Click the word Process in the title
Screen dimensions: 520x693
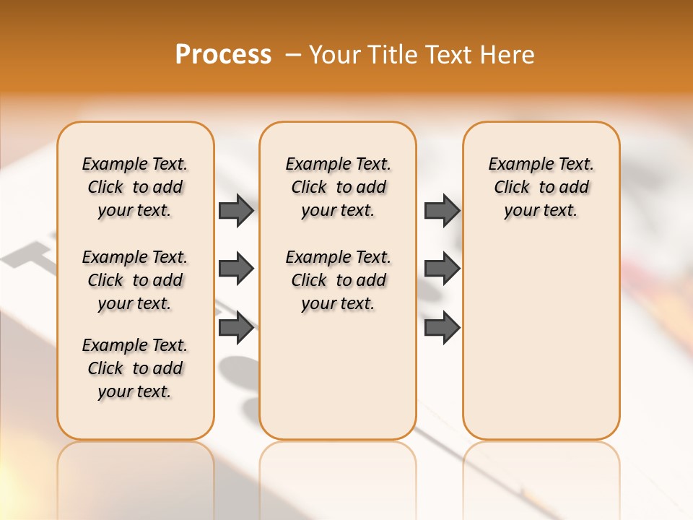[223, 54]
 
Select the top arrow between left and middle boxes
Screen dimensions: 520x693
[236, 210]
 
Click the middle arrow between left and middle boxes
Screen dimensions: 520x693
[236, 269]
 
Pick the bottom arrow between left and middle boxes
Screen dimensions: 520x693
[236, 328]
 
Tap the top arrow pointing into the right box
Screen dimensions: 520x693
[442, 210]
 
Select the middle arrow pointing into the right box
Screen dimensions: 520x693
[442, 269]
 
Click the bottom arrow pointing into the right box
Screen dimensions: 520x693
[442, 328]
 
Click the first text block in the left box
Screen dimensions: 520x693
[135, 187]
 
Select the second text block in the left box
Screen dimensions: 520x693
[135, 280]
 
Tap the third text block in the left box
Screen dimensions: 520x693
[135, 368]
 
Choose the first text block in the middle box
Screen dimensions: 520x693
[338, 187]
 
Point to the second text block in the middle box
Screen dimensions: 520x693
[338, 280]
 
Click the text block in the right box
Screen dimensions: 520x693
[541, 187]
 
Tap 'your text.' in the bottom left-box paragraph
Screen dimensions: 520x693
[135, 391]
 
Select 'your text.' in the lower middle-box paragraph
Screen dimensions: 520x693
[338, 303]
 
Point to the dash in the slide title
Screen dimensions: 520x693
[294, 55]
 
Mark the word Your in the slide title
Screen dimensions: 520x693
[333, 54]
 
